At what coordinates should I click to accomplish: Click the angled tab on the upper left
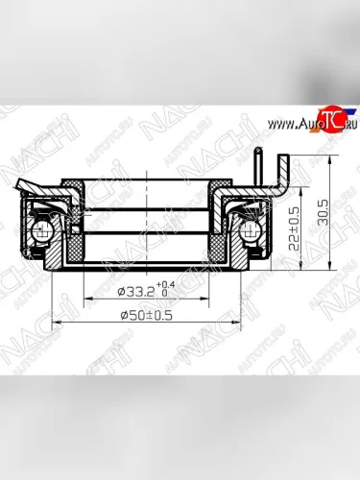point(28,188)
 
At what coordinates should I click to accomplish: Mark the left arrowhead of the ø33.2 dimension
point(86,297)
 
